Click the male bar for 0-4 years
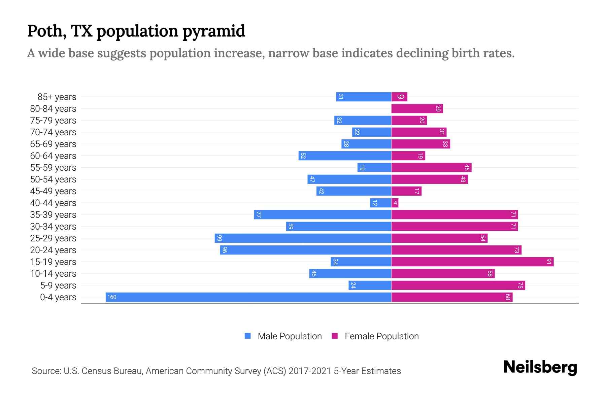(248, 297)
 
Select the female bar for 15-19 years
(472, 262)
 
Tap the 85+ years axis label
(57, 97)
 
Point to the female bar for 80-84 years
(417, 108)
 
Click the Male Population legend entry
(283, 336)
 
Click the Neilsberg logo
(540, 367)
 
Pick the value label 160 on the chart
(112, 297)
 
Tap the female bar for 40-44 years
(395, 203)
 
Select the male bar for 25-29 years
(303, 238)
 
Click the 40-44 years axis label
(53, 203)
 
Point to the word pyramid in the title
(214, 31)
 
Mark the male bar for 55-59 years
(374, 167)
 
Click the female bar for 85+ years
(399, 97)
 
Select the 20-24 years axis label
(53, 250)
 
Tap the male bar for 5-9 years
(370, 285)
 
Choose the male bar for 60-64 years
(345, 156)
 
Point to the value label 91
(549, 262)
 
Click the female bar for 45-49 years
(406, 191)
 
